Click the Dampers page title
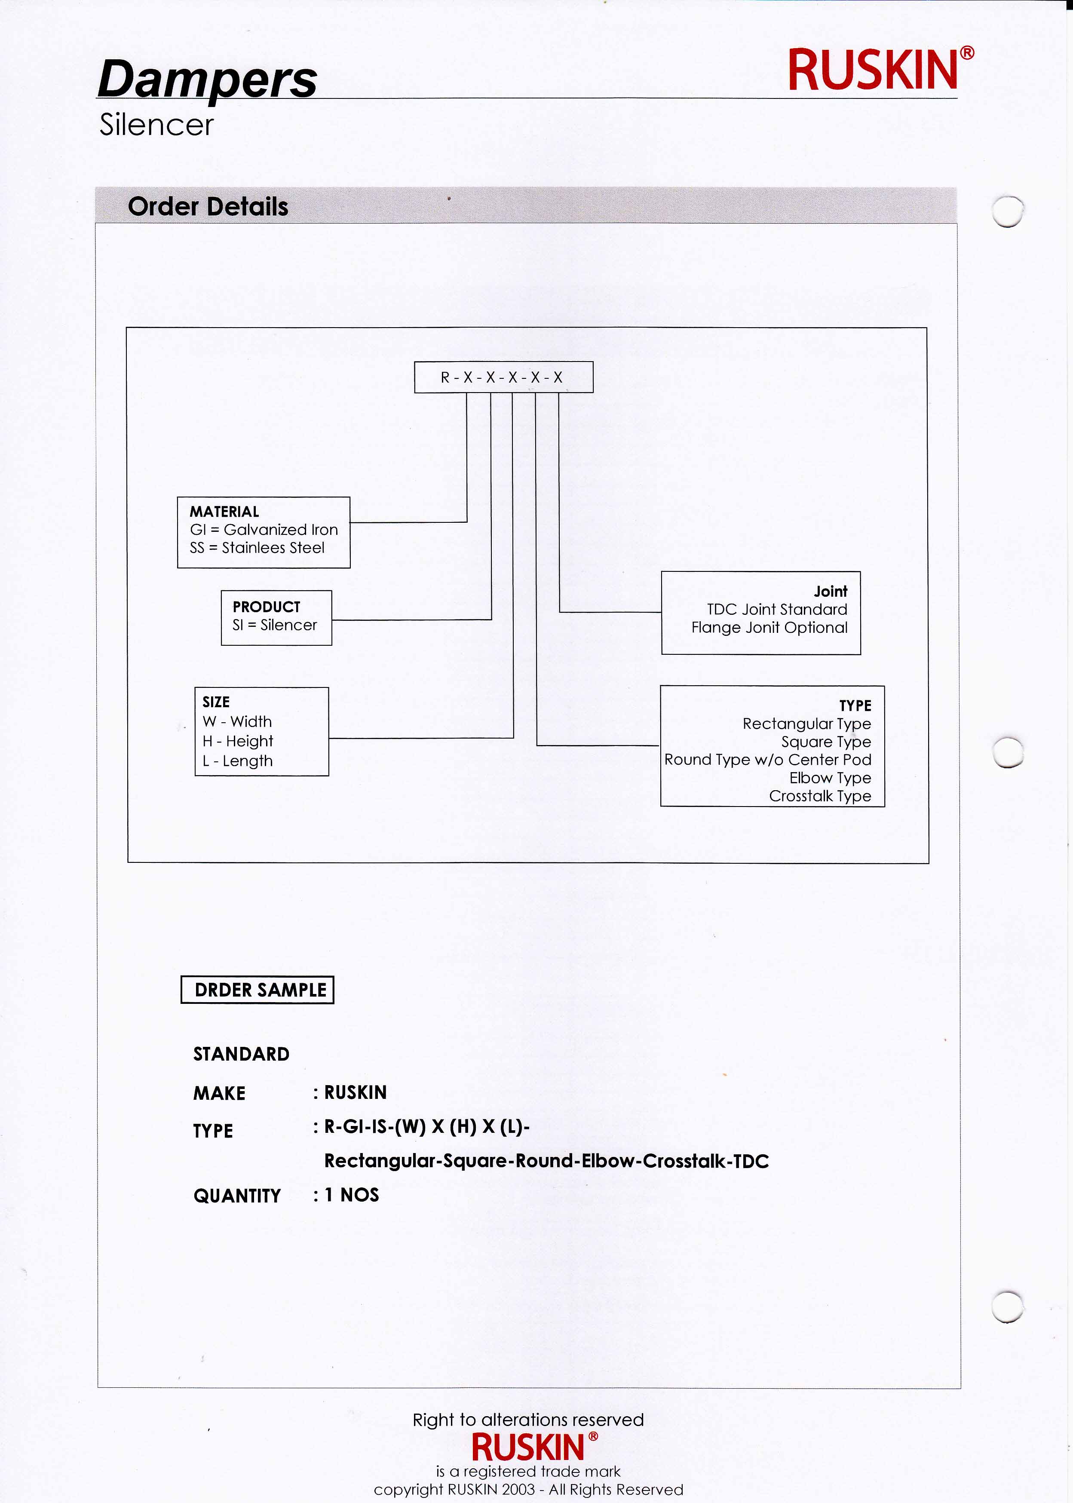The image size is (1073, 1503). (207, 79)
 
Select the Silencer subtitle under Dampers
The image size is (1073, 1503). (156, 125)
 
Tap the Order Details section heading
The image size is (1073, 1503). (208, 207)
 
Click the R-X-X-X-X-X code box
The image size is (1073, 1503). (503, 377)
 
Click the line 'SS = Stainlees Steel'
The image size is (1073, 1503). (257, 548)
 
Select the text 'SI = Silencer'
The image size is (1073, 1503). (274, 625)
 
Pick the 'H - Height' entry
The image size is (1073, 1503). (238, 741)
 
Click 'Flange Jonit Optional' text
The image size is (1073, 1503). (769, 628)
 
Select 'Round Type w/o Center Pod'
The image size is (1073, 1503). (768, 760)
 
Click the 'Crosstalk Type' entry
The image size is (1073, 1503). (819, 796)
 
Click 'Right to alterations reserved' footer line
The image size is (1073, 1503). (528, 1420)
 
